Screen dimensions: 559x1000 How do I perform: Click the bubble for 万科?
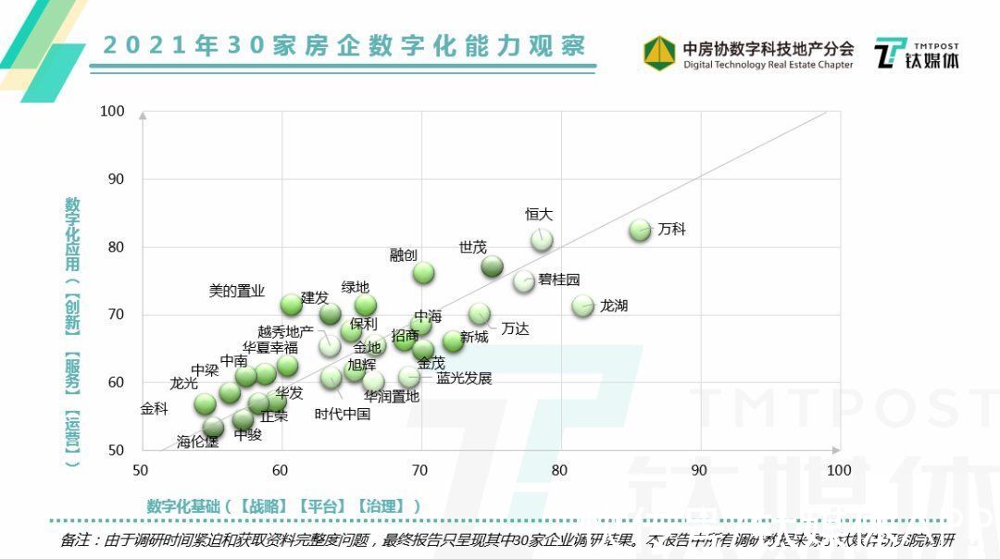pos(640,230)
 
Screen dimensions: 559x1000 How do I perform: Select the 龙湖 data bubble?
pos(582,305)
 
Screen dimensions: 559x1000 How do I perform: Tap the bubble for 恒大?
pos(542,240)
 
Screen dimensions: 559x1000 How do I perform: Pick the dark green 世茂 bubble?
pos(493,267)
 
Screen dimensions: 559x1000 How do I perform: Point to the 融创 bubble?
pos(423,272)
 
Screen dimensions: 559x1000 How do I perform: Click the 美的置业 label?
pos(237,291)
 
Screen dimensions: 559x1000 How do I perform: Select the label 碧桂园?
pos(559,279)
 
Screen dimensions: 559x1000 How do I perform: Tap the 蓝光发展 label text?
pos(464,378)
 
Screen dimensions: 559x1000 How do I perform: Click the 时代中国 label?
pos(343,414)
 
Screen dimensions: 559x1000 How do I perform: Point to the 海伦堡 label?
pos(198,441)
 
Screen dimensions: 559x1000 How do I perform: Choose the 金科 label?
pos(154,408)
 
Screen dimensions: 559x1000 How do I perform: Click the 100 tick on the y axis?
pos(112,111)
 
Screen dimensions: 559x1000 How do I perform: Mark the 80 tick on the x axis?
pos(559,470)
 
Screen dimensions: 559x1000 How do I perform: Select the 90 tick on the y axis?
pos(116,179)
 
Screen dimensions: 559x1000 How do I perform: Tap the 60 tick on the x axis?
pos(280,470)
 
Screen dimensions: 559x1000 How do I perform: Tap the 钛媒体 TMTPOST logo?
pos(917,55)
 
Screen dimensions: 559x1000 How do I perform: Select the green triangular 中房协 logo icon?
pos(659,53)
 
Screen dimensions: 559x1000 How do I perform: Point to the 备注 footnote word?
pos(77,540)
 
